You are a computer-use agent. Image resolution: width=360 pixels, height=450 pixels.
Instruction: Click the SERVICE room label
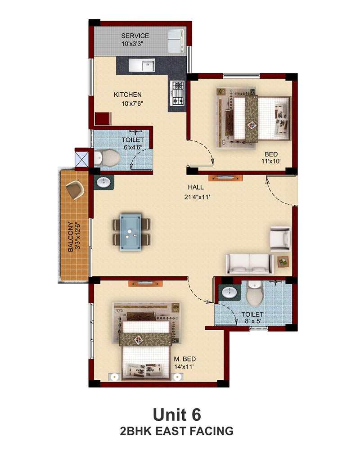tap(135, 36)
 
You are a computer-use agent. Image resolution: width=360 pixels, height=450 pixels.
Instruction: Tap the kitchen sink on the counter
tap(142, 65)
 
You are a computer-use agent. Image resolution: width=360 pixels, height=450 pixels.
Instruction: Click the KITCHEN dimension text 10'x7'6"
tap(132, 103)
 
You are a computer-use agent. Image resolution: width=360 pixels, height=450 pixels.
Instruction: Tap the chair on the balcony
tap(75, 190)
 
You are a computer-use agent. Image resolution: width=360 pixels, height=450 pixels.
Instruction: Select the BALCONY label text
tap(70, 237)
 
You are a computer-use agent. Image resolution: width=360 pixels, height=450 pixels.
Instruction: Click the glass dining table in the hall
tap(131, 232)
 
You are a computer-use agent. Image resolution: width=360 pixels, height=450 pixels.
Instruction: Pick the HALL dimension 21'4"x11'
tap(198, 197)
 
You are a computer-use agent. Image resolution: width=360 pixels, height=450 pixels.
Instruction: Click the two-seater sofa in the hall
tap(249, 263)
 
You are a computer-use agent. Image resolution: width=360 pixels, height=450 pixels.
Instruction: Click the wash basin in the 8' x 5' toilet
tap(229, 293)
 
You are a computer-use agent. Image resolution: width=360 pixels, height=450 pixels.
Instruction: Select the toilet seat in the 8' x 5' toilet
tap(255, 293)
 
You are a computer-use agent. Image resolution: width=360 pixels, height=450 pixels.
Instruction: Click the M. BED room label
tap(185, 359)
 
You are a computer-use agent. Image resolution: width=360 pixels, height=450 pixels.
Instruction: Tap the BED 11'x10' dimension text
tap(271, 161)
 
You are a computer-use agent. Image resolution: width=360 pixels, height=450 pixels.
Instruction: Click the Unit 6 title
tap(177, 415)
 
